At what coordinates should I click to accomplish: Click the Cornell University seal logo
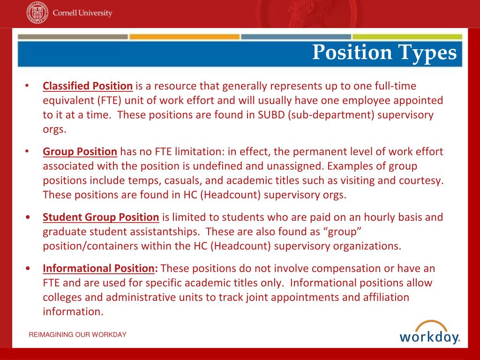click(x=37, y=13)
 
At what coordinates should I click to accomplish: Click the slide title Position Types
click(x=384, y=52)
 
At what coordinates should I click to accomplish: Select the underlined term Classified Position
click(x=88, y=86)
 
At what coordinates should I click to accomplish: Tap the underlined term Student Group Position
click(x=101, y=217)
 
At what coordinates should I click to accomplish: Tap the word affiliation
click(x=382, y=298)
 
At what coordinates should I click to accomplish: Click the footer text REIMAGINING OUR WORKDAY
click(x=77, y=335)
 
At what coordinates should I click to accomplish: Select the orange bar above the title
click(x=184, y=37)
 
